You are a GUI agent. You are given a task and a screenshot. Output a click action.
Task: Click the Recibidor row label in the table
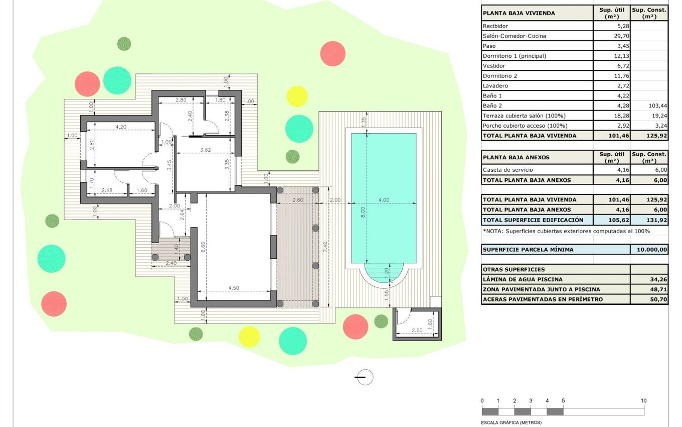tap(495, 26)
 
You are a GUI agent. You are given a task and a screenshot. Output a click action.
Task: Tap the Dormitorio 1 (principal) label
tap(514, 56)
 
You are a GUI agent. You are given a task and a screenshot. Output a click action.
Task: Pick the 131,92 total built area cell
tap(656, 220)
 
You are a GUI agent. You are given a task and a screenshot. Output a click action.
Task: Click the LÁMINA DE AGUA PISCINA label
tap(522, 279)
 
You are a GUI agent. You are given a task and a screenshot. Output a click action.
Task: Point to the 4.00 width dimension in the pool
tap(384, 200)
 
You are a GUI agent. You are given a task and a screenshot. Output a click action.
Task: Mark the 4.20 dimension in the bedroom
tap(120, 127)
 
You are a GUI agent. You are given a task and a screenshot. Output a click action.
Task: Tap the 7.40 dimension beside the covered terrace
tap(325, 246)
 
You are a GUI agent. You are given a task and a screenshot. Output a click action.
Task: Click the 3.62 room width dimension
tap(205, 150)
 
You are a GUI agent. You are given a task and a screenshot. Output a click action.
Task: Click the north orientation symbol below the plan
tap(365, 377)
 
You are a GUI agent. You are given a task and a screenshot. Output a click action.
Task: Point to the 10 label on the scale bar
tap(643, 400)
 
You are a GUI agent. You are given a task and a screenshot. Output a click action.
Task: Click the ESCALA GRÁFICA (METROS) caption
tap(511, 422)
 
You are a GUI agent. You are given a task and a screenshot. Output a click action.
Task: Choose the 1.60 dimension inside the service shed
tap(429, 323)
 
